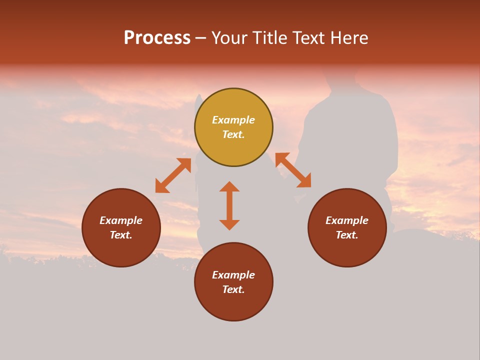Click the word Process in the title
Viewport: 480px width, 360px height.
pos(157,38)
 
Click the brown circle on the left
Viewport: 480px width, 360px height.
pos(121,227)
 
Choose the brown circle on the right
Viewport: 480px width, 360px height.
pos(347,227)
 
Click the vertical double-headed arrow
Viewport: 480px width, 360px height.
pos(229,205)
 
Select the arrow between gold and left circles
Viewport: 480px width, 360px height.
pos(173,175)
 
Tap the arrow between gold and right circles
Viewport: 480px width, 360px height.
pos(293,170)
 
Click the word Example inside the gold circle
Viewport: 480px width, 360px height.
pos(233,120)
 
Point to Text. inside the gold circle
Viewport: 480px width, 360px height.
pos(233,134)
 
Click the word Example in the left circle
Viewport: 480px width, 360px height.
pos(121,220)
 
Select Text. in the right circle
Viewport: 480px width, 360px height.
pos(347,235)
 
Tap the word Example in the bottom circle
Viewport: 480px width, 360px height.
pos(233,275)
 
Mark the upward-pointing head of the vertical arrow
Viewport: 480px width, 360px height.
pos(229,186)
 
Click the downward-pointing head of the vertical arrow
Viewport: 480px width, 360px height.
pos(229,224)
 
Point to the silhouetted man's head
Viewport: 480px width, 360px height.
pos(340,80)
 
